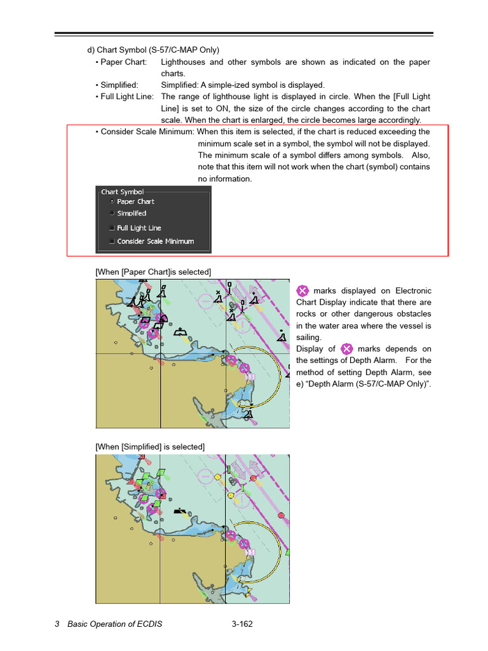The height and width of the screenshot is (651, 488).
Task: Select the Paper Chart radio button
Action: coord(112,202)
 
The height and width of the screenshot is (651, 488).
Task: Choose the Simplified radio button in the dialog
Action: coord(112,213)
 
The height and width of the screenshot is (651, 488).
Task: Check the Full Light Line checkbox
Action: coord(112,228)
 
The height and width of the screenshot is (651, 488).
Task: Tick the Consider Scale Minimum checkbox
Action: coord(112,242)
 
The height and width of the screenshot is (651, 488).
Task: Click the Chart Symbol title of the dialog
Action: coord(122,191)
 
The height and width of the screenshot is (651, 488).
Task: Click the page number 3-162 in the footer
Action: coord(242,624)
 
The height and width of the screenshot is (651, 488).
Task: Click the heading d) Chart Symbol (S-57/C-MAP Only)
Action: coord(153,50)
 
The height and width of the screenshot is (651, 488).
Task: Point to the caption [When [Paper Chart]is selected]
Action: coord(153,272)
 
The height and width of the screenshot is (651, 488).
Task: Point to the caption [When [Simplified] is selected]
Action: coord(150,447)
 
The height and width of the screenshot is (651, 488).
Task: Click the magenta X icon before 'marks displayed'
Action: coord(303,291)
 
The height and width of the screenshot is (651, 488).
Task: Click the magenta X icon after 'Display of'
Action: coord(346,349)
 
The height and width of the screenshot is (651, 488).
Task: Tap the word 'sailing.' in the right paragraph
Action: coord(309,338)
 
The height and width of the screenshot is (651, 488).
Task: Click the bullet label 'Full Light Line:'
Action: coord(127,97)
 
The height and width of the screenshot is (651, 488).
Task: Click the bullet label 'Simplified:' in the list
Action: coord(119,85)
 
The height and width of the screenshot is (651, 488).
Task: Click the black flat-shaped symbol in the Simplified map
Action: coord(182,510)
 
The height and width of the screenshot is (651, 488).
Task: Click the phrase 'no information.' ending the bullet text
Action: coord(225,179)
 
